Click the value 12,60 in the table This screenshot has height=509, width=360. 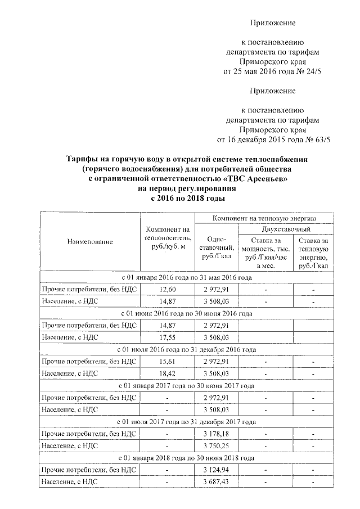point(168,289)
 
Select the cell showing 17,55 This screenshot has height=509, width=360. point(168,337)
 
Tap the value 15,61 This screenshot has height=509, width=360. point(168,361)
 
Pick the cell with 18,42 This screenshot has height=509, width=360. point(168,373)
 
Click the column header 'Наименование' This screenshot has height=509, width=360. point(90,241)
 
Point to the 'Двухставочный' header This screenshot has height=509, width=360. point(286,229)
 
